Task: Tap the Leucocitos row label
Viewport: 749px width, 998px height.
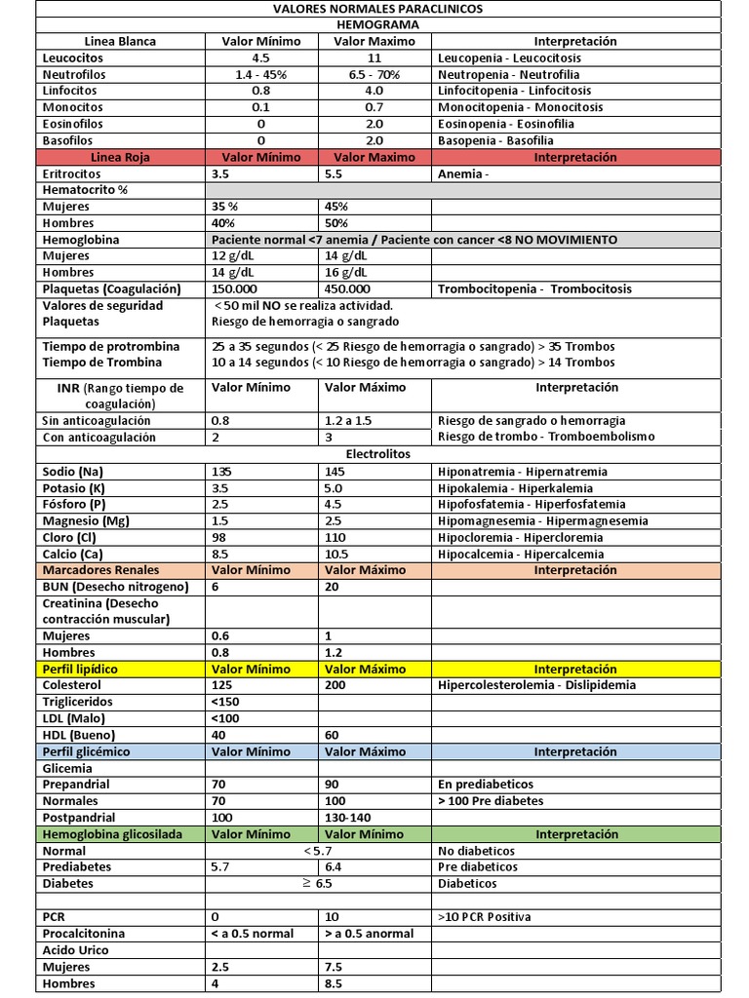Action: (73, 58)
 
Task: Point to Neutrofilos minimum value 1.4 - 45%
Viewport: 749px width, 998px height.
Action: (261, 75)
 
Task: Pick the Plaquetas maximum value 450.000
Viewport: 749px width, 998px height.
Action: (347, 289)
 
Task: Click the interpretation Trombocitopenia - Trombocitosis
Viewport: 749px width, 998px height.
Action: (534, 289)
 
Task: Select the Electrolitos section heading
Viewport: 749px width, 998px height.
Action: (377, 454)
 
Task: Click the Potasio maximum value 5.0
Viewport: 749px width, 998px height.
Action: (334, 488)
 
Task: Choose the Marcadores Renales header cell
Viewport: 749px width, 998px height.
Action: (100, 570)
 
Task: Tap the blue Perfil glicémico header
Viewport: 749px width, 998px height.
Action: (86, 752)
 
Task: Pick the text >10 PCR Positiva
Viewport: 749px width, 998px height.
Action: (485, 917)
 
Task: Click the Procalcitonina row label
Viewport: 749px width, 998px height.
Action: (84, 934)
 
